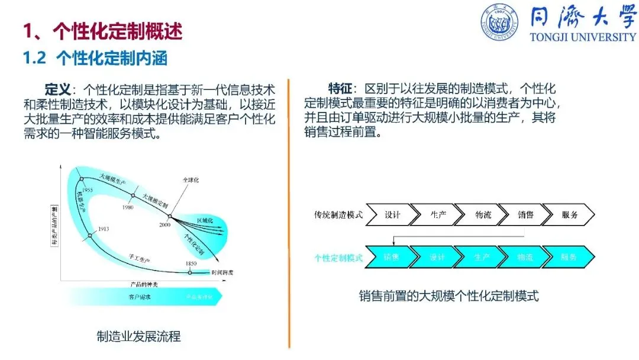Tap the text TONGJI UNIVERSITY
pos(583,37)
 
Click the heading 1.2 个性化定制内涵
pos(95,58)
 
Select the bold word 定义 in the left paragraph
pos(58,89)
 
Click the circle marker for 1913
pos(90,236)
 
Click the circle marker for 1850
pos(190,272)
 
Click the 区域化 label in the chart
pos(204,220)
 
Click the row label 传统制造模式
pos(338,214)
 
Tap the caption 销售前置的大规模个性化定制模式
pos(449,296)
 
